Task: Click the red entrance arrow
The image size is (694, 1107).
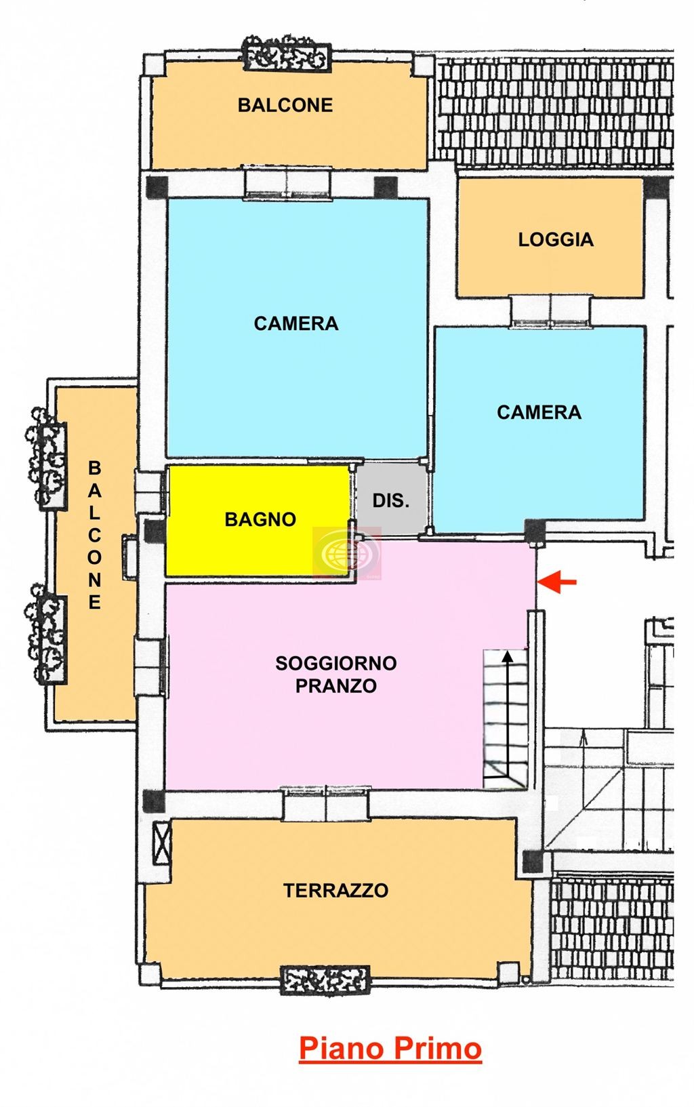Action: [557, 582]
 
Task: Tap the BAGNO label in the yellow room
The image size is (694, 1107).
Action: [260, 520]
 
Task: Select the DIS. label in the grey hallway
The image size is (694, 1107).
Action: [391, 501]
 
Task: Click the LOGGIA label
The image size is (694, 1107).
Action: [556, 239]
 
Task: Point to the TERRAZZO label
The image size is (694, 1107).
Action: [335, 890]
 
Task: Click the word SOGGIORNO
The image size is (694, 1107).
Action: [335, 663]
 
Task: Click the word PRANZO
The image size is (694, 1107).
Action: [335, 686]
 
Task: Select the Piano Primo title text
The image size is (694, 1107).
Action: [390, 1048]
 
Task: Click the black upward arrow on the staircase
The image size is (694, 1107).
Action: [508, 712]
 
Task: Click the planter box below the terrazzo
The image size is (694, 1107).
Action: [325, 980]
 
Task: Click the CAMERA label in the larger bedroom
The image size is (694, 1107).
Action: [295, 323]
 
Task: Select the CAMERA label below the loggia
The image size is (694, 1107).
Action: [539, 412]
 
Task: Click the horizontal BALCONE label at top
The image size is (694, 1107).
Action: [285, 105]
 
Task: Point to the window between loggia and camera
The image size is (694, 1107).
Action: [550, 311]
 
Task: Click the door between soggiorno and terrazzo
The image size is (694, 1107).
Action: [326, 804]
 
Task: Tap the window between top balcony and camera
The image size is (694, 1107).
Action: [287, 183]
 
